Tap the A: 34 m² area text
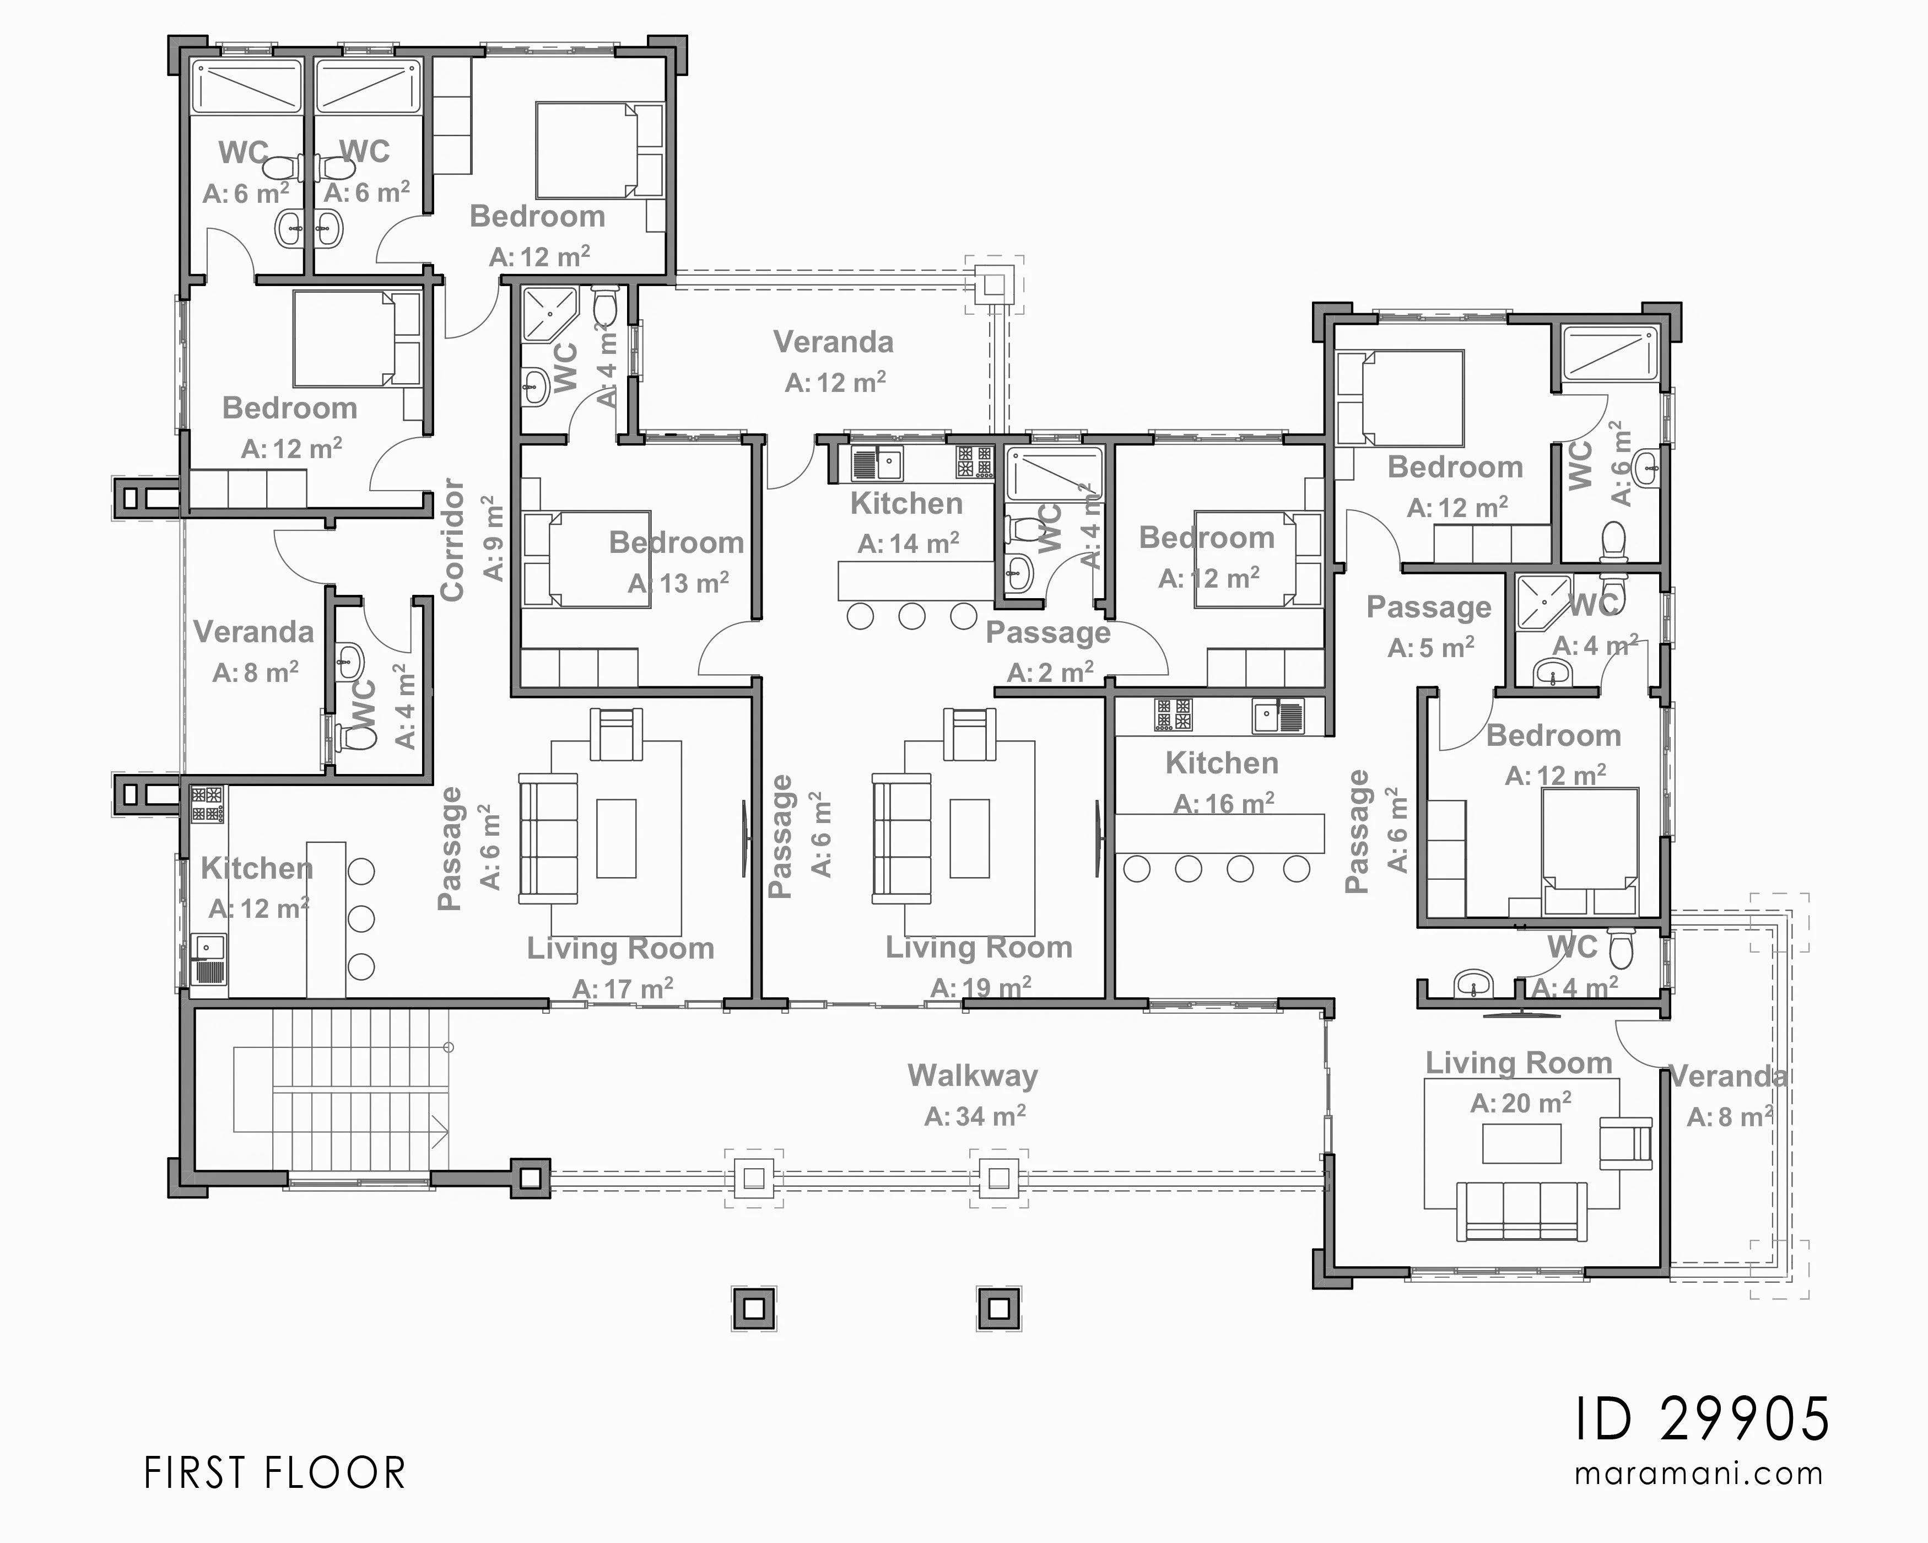975,1115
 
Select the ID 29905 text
1702,1420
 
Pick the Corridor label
452,539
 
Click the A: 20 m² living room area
1520,1103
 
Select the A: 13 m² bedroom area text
678,583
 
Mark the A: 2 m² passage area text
1050,672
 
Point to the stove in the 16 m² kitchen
1173,714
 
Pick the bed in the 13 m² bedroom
587,559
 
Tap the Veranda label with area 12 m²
834,342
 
